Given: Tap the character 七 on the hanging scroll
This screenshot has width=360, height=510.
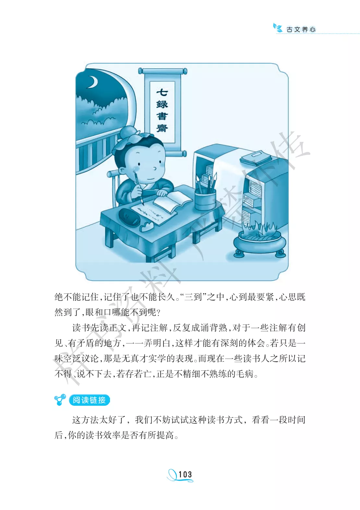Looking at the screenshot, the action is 162,93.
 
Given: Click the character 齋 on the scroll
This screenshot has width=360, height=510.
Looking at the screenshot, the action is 162,128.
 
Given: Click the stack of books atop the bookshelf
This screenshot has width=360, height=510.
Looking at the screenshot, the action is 256,157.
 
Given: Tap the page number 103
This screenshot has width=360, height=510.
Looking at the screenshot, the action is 185,474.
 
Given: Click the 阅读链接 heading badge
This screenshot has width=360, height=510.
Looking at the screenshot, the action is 89,400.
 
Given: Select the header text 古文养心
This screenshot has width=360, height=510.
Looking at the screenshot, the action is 301,30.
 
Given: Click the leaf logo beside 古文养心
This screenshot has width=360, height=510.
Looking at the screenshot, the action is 278,28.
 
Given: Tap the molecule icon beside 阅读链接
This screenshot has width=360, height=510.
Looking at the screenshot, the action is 60,400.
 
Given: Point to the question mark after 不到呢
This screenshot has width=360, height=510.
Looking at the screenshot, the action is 159,312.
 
